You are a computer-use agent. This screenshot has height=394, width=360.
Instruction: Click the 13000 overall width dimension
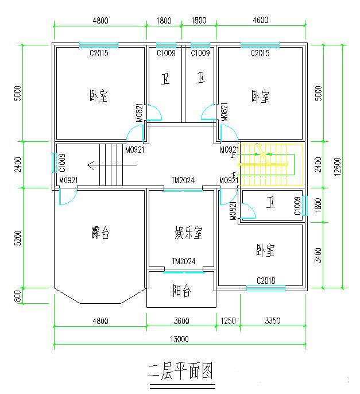coord(179,339)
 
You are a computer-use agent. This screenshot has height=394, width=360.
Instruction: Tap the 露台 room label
coord(100,233)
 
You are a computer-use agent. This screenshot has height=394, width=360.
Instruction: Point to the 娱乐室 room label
coord(189,233)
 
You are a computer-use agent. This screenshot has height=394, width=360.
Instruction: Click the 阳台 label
coord(181,291)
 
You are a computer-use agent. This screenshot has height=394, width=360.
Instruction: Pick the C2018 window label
coord(266,281)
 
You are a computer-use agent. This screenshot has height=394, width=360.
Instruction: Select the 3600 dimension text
coord(181,321)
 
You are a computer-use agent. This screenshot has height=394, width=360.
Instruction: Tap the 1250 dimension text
coord(228,321)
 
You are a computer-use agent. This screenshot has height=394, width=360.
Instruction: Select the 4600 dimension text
coord(260,21)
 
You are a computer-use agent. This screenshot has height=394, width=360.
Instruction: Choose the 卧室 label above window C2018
coord(265,250)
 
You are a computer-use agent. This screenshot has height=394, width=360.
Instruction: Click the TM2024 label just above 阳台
coord(183,261)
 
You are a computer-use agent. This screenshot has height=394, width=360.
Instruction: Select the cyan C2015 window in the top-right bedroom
coord(260,45)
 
